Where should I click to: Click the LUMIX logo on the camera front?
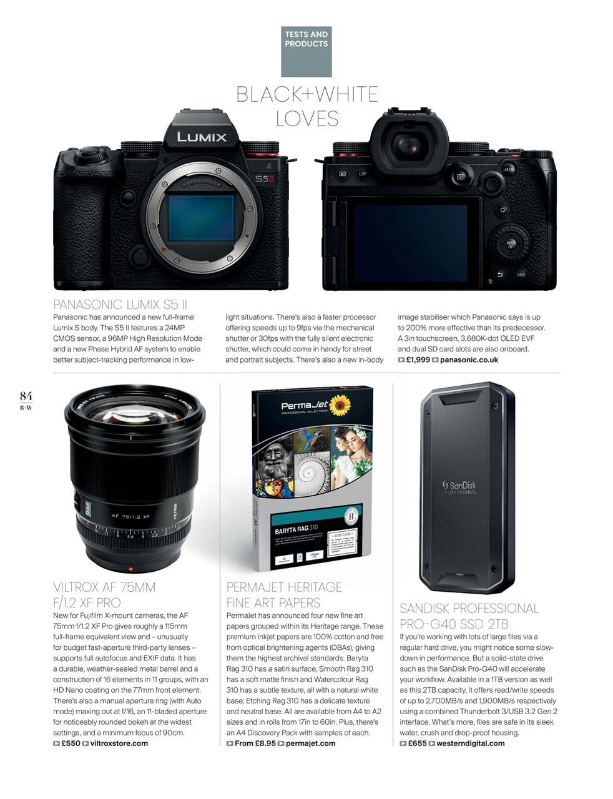point(201,137)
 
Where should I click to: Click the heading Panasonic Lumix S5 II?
point(120,305)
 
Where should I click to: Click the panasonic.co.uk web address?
point(469,360)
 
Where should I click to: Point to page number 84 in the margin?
point(26,396)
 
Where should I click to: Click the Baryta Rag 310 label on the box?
point(297,530)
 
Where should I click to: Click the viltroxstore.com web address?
point(119,743)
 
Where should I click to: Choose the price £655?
point(417,743)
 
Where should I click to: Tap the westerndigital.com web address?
point(471,743)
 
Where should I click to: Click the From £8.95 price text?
point(255,743)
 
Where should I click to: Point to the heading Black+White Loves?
point(306,106)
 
